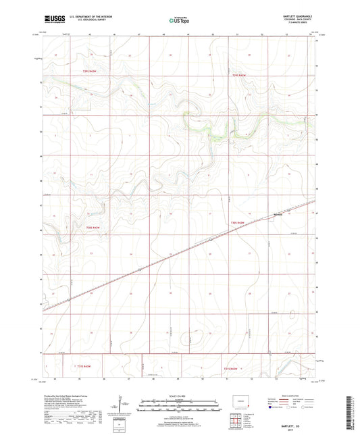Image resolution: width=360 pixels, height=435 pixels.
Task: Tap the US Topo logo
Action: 178,21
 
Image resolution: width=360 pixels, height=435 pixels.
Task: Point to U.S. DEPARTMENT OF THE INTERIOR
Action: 86,19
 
